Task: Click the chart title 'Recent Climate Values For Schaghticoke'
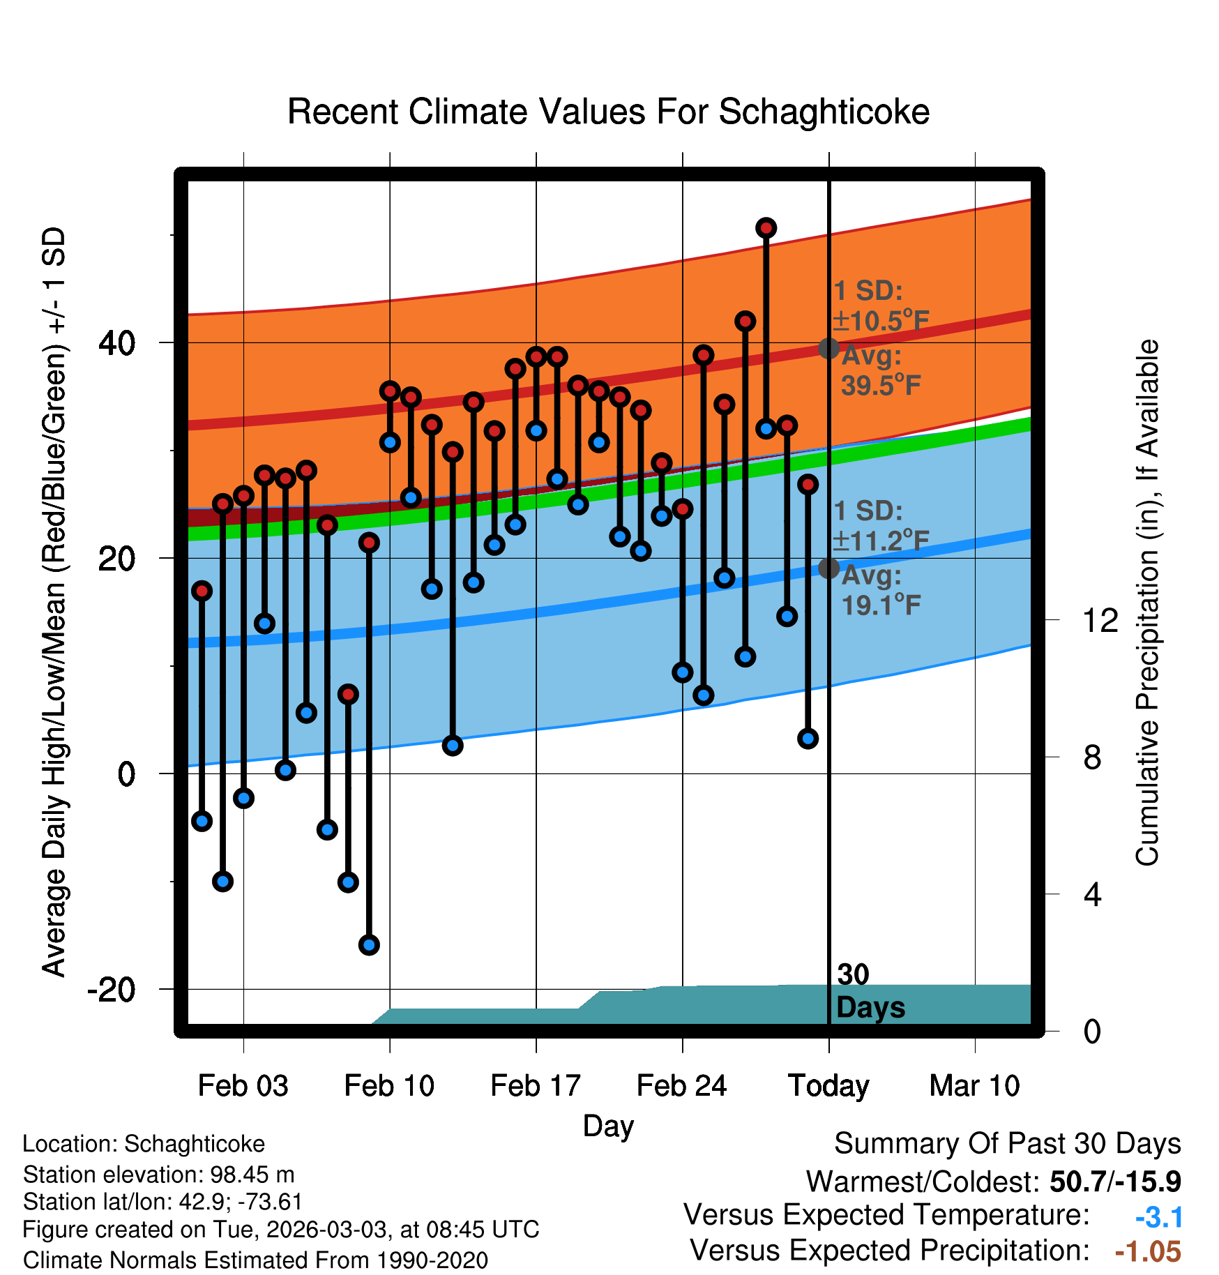coord(608,112)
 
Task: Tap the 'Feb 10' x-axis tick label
coord(389,1085)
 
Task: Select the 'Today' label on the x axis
coord(828,1086)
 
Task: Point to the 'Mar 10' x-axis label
coord(975,1085)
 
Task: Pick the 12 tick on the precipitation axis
coord(1100,620)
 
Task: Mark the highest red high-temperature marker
coord(766,228)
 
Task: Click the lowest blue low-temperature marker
coord(369,945)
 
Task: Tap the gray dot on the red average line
coord(828,348)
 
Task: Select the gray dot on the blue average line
coord(828,568)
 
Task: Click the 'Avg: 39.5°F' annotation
coord(880,370)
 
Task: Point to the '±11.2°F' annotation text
coord(881,541)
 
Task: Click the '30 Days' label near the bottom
coord(870,991)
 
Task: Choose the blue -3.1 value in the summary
coord(1159,1218)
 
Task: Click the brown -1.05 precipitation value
coord(1148,1252)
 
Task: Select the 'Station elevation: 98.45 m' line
coord(159,1175)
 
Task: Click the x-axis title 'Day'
coord(608,1126)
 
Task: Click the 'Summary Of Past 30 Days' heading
coord(1008,1145)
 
